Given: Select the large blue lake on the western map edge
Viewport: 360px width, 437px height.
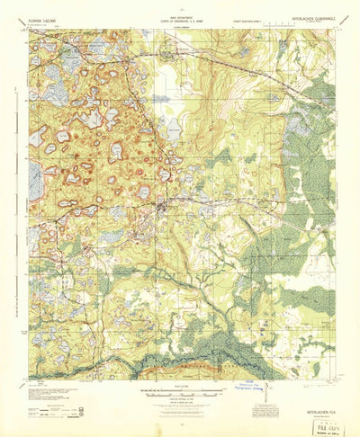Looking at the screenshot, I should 35,180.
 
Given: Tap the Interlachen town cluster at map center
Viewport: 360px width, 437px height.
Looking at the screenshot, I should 162,212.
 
